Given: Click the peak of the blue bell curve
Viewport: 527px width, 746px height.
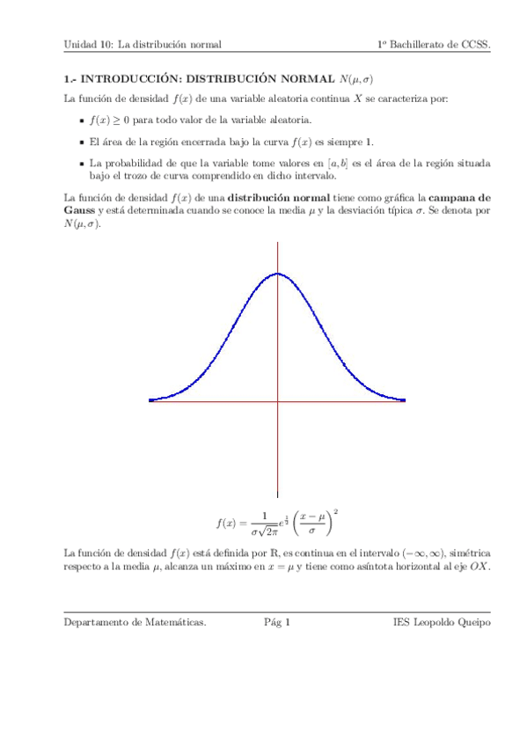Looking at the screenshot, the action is click(277, 274).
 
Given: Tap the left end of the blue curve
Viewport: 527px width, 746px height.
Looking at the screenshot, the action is click(150, 400).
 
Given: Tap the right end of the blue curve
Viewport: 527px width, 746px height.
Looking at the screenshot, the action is click(405, 400).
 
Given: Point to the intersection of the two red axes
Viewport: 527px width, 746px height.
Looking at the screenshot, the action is click(277, 401).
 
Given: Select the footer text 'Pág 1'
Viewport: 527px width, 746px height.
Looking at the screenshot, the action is click(277, 623).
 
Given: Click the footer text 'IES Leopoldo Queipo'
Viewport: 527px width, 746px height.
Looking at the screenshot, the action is click(442, 623).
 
